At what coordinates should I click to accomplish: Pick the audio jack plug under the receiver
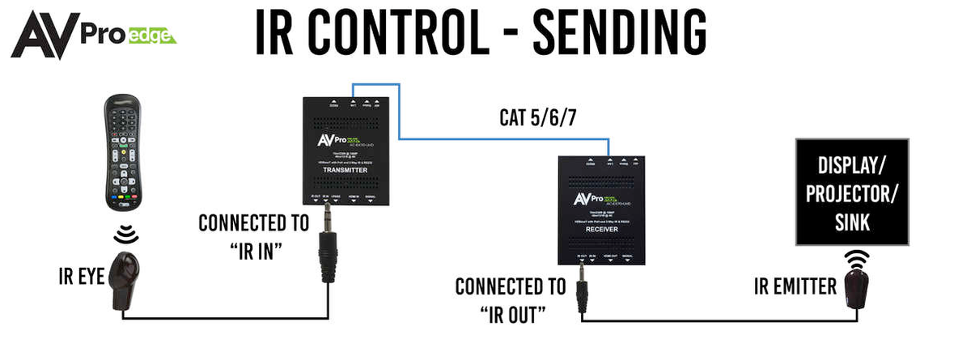tap(581, 290)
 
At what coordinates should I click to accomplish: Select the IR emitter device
tap(859, 288)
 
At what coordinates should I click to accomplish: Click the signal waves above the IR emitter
tap(857, 259)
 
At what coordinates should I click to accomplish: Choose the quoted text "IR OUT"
tap(510, 314)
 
